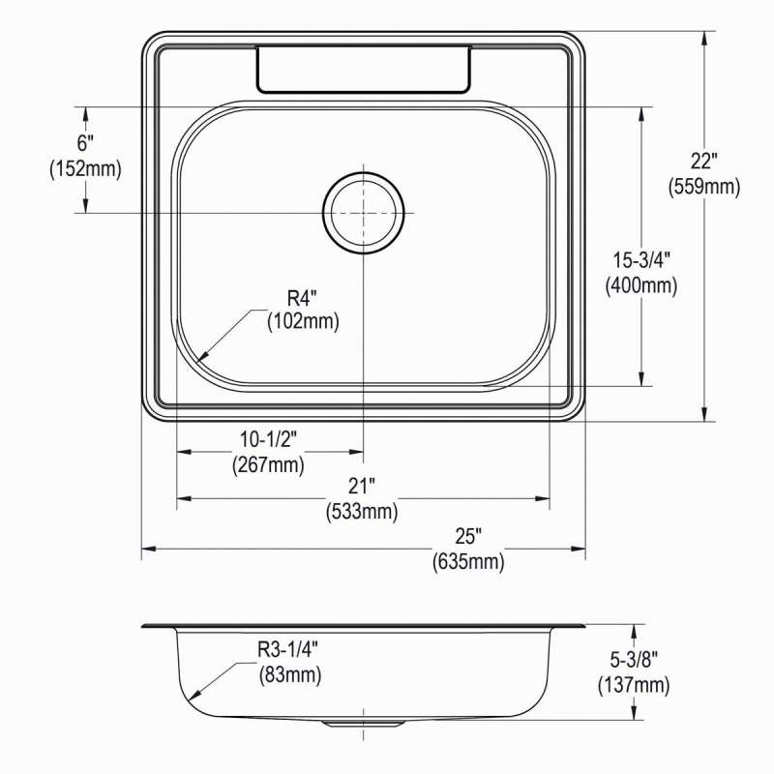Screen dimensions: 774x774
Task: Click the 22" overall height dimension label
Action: click(x=703, y=162)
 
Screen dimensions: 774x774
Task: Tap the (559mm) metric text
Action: click(x=704, y=187)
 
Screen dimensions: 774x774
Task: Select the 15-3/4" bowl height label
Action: click(x=641, y=260)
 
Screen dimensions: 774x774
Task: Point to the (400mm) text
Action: click(x=641, y=285)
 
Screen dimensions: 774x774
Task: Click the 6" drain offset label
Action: click(x=85, y=143)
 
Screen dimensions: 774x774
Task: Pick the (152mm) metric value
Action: click(x=85, y=169)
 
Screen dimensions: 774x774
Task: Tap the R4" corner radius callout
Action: click(x=302, y=298)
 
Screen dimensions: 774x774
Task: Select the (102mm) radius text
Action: click(x=303, y=322)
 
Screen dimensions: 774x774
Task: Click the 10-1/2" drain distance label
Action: click(x=269, y=439)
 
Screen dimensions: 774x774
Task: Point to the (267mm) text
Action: click(x=268, y=464)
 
